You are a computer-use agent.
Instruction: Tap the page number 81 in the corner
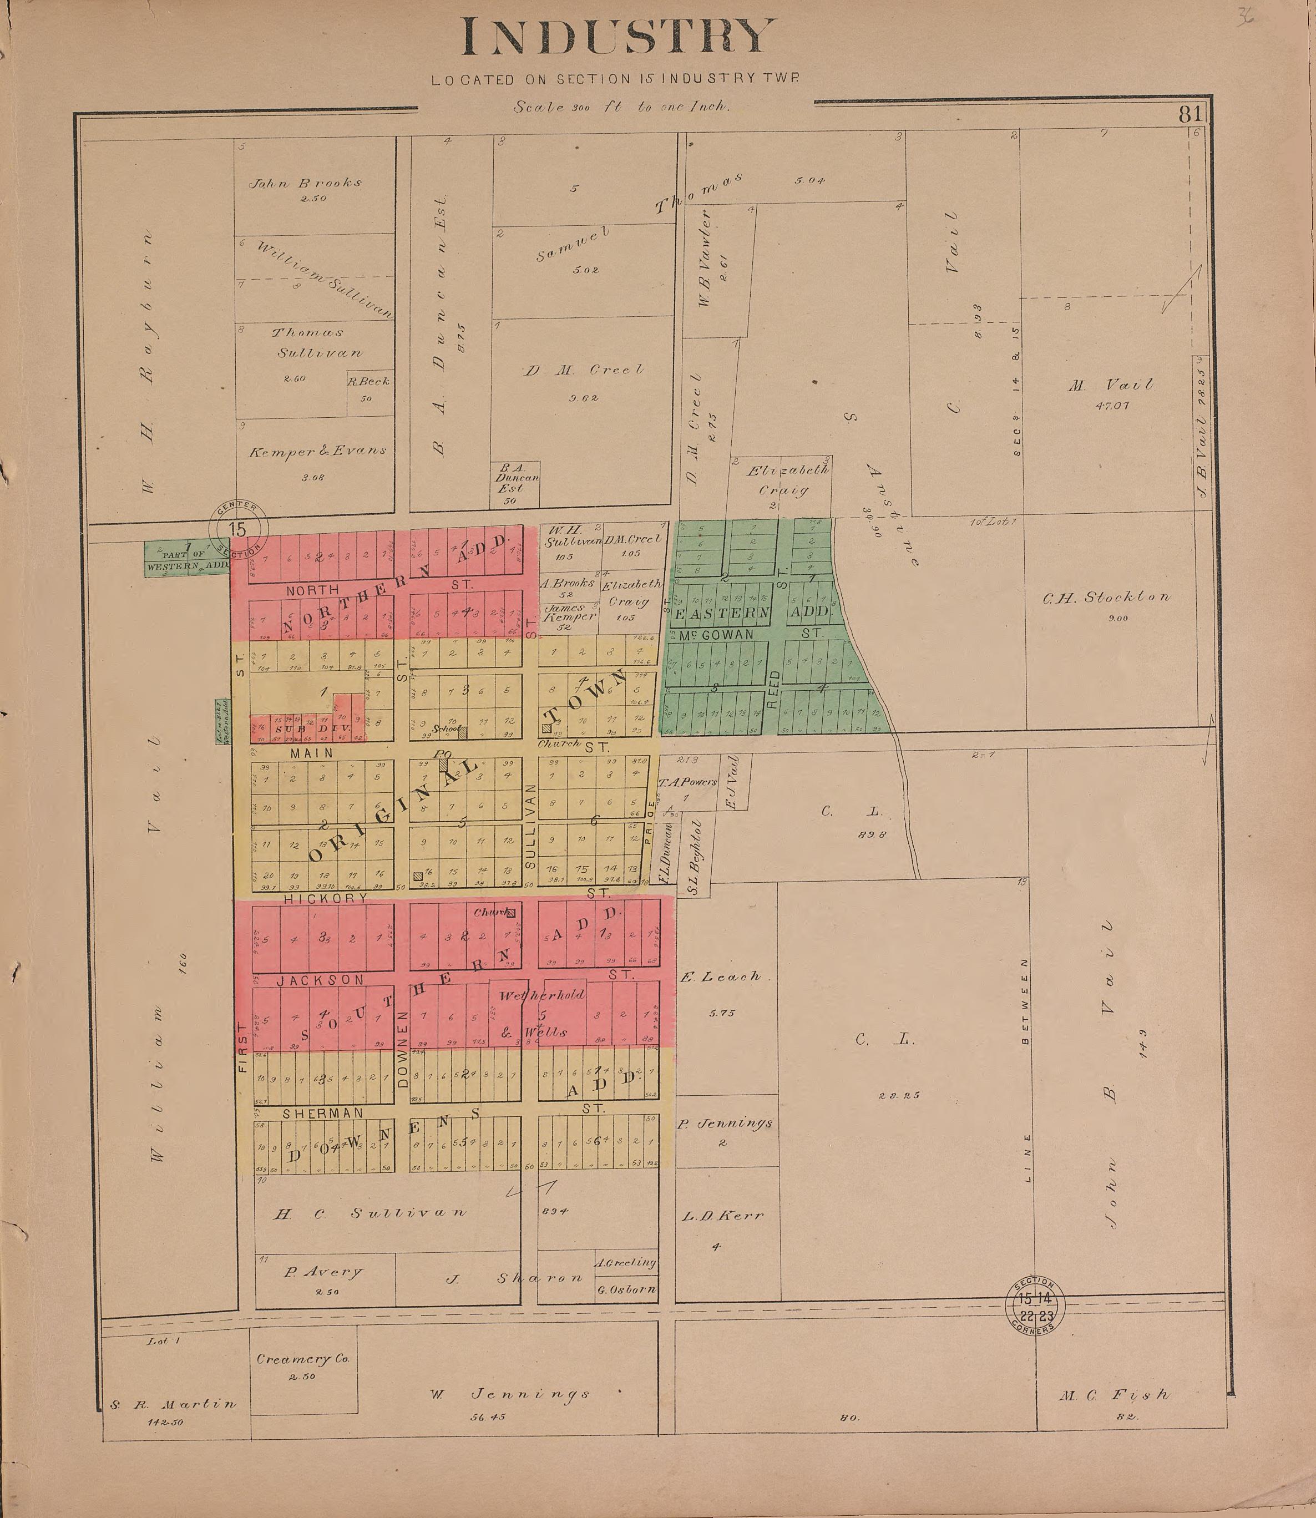[1189, 114]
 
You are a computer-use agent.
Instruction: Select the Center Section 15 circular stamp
[238, 529]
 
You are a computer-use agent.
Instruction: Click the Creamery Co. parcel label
[302, 1359]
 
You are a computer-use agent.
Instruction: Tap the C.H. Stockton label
[1107, 598]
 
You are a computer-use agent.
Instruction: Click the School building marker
[462, 731]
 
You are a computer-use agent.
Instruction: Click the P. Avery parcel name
[322, 1272]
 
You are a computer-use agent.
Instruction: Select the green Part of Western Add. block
[186, 559]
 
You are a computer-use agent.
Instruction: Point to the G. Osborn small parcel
[626, 1289]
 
